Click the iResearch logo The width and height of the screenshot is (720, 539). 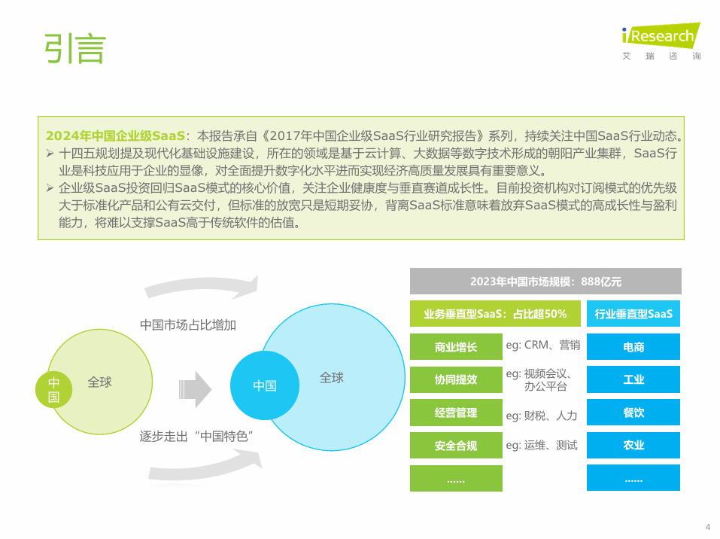(661, 41)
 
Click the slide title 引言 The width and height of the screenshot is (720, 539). (75, 49)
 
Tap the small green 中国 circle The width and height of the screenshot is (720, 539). (53, 390)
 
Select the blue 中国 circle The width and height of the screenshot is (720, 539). (265, 385)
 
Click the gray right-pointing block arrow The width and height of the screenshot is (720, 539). (195, 390)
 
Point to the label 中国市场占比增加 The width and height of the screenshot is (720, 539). (188, 325)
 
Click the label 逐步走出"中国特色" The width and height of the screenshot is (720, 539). (196, 436)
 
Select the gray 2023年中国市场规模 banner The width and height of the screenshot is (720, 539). (545, 282)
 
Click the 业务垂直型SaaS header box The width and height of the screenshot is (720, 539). (495, 314)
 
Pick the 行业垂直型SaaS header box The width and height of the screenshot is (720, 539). (633, 314)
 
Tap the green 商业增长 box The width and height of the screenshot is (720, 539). (456, 347)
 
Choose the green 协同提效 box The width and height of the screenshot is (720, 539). (456, 379)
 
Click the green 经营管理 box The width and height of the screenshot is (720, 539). (456, 413)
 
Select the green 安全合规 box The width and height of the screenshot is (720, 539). (456, 445)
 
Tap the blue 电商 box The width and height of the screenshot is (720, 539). (633, 347)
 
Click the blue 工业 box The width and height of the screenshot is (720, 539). (633, 379)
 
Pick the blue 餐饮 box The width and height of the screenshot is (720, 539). (633, 413)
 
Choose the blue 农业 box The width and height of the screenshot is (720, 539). (633, 445)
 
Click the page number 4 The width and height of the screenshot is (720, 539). (708, 527)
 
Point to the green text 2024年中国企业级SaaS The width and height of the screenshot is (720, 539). (115, 136)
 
